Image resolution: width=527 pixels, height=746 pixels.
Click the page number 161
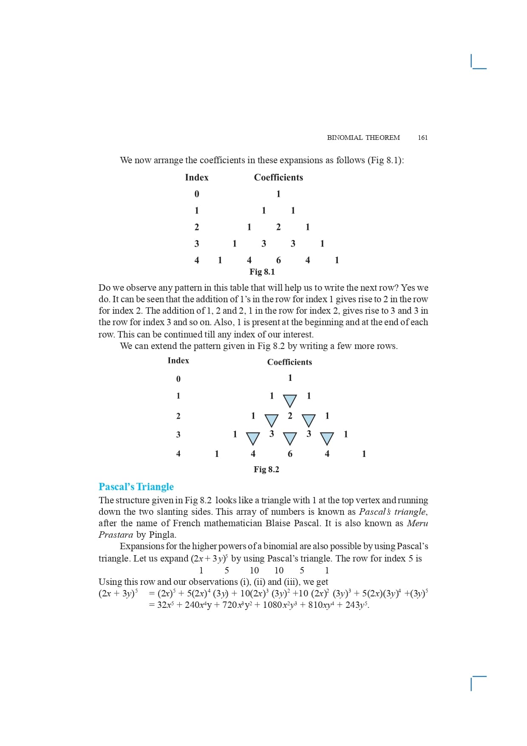[422, 137]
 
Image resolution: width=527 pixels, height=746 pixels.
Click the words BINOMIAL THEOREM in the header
[363, 137]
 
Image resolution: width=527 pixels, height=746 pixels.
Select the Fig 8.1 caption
[262, 272]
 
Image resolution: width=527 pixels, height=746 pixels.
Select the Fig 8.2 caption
[266, 469]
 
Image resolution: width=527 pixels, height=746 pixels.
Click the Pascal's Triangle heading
[136, 487]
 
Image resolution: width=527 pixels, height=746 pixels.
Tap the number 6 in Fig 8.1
[278, 260]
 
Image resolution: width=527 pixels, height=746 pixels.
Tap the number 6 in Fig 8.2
[290, 454]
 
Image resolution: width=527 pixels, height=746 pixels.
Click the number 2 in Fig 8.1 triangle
[278, 227]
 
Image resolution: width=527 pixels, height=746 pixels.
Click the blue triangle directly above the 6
[290, 439]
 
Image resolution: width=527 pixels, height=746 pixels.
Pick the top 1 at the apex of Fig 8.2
[290, 378]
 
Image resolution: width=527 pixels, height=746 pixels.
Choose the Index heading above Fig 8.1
[197, 177]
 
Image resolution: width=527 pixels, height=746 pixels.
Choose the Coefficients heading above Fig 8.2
[289, 362]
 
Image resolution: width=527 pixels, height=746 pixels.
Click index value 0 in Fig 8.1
[197, 194]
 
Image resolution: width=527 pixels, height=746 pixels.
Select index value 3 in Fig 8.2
[178, 434]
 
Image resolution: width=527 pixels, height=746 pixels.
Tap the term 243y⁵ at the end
[356, 605]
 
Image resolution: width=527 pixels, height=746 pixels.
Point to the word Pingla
[162, 535]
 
